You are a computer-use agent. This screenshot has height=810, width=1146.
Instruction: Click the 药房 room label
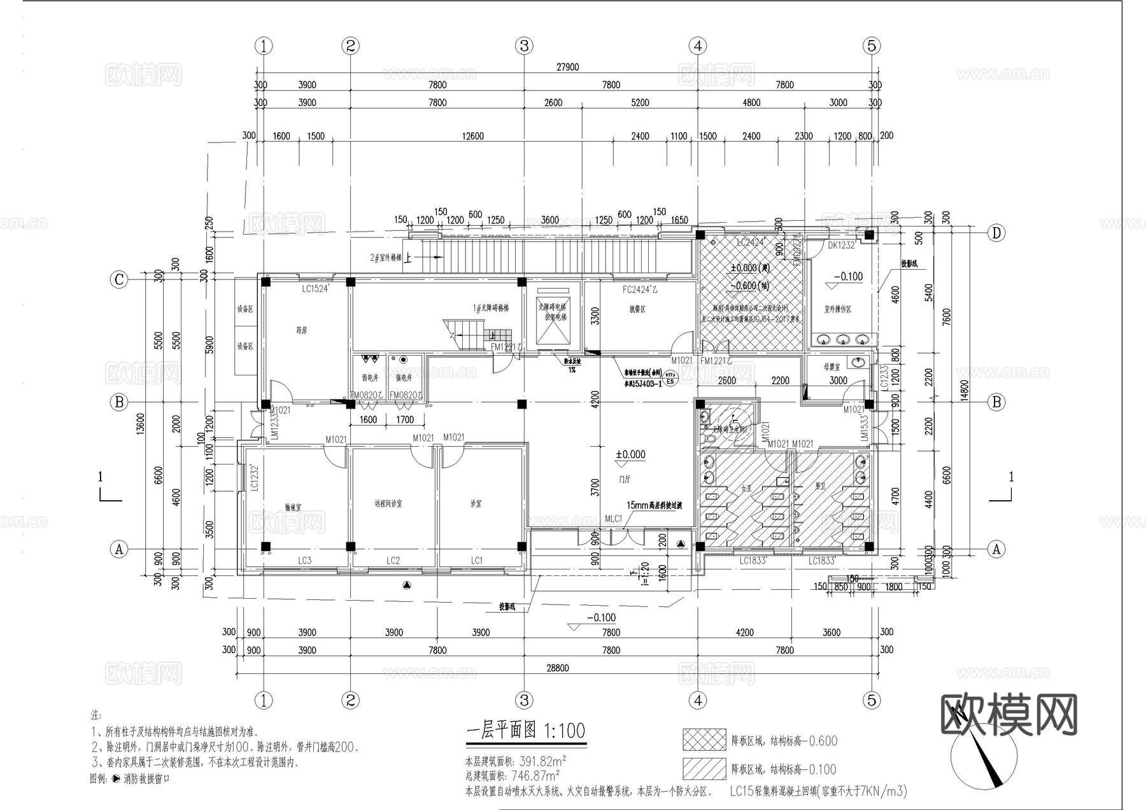pyautogui.click(x=301, y=330)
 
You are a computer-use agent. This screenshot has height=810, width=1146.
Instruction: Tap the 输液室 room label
pyautogui.click(x=293, y=507)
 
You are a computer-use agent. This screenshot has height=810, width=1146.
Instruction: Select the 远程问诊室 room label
pyautogui.click(x=388, y=503)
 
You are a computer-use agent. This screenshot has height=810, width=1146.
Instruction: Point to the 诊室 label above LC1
pyautogui.click(x=476, y=503)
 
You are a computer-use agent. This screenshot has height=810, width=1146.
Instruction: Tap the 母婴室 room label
pyautogui.click(x=831, y=367)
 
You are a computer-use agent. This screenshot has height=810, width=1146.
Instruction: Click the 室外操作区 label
pyautogui.click(x=837, y=309)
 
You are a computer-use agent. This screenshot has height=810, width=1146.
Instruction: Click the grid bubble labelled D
pyautogui.click(x=996, y=233)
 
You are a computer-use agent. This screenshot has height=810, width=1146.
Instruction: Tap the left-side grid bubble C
pyautogui.click(x=119, y=280)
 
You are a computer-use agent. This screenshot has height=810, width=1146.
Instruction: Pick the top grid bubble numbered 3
pyautogui.click(x=524, y=46)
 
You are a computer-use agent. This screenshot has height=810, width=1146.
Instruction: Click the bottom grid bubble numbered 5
pyautogui.click(x=872, y=701)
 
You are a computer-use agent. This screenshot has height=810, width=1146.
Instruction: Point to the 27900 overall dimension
pyautogui.click(x=567, y=67)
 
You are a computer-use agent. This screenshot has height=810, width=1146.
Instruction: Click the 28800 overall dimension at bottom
pyautogui.click(x=557, y=668)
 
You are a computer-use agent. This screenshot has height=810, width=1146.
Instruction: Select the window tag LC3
pyautogui.click(x=304, y=561)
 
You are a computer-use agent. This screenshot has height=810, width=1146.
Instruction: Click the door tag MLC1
pyautogui.click(x=613, y=519)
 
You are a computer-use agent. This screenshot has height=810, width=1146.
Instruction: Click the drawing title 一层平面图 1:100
pyautogui.click(x=526, y=730)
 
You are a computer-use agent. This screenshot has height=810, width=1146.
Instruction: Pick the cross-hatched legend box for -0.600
pyautogui.click(x=704, y=740)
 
